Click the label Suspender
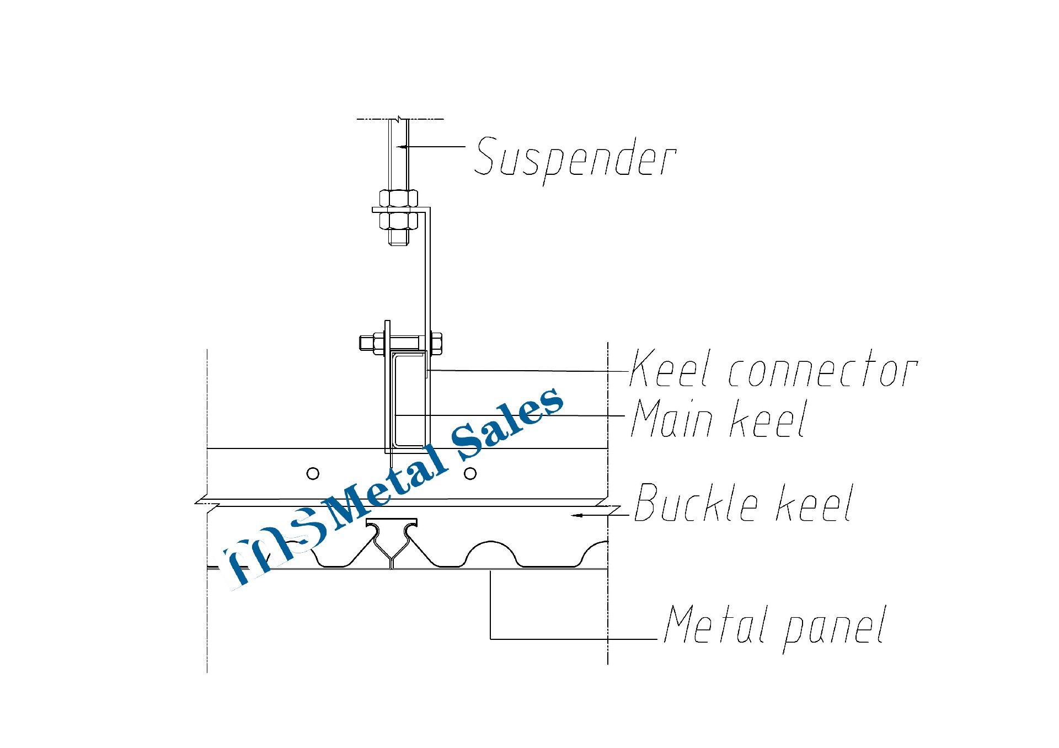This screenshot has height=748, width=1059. pyautogui.click(x=575, y=159)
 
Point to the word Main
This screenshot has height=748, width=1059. pyautogui.click(x=673, y=419)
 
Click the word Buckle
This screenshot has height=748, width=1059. pyautogui.click(x=697, y=503)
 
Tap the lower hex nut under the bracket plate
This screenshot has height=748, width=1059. pyautogui.click(x=398, y=221)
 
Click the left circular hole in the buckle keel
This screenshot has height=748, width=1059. pyautogui.click(x=313, y=473)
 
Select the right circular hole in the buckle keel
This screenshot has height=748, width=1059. pyautogui.click(x=470, y=473)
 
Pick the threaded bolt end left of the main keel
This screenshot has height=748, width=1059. pyautogui.click(x=366, y=343)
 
